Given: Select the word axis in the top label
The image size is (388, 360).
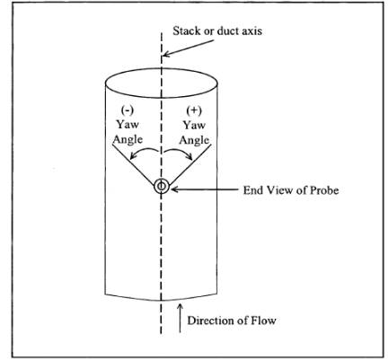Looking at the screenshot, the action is point(251,31).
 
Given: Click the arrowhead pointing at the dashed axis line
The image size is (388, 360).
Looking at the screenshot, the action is point(166,54).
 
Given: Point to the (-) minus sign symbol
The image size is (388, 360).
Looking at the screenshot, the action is point(128,110).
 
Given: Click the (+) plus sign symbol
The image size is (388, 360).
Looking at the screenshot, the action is point(194,110).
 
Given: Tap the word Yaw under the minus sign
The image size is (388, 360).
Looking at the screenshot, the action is point(128,124).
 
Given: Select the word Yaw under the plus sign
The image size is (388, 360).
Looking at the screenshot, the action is point(194,125).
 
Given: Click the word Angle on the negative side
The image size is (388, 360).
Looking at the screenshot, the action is point(128,140).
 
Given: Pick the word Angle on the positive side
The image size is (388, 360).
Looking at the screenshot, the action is point(194,140).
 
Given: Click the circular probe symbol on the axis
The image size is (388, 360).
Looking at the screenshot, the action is point(162,187).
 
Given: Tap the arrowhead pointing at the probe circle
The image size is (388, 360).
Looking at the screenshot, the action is point(174,189).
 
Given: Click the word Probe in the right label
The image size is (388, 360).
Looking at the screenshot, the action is point(324,190).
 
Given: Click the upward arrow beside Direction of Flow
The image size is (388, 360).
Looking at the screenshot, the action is point(180,318).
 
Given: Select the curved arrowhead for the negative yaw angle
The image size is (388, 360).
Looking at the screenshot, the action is point(133,156).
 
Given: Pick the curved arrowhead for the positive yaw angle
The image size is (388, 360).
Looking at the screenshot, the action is point(189,155).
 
